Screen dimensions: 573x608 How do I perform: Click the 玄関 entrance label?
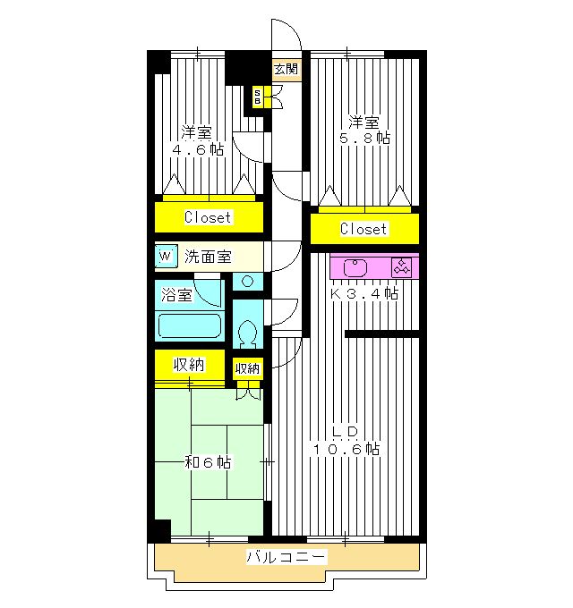[286, 70]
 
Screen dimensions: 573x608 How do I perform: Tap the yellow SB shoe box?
[257, 97]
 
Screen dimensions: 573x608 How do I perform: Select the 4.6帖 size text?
[198, 149]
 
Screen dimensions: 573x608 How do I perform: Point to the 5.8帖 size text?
[365, 138]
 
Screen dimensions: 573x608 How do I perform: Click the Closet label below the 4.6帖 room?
[208, 217]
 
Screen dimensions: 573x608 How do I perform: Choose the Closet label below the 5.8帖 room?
[363, 229]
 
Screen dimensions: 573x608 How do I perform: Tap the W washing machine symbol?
[167, 256]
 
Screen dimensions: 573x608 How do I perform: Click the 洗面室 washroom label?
[208, 257]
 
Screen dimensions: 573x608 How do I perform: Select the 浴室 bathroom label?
[176, 295]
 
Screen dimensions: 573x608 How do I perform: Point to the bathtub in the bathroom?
[190, 325]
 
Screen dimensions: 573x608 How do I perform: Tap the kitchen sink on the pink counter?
[355, 267]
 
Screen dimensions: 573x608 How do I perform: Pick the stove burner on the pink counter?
[401, 267]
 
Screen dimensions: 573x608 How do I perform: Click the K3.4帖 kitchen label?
[364, 293]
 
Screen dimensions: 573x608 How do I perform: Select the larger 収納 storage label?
[189, 365]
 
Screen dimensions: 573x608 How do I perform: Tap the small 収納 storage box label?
[248, 368]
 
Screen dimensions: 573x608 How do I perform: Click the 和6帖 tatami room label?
[208, 462]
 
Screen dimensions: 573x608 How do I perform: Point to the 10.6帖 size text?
[346, 449]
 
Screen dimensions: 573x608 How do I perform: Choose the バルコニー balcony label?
[286, 557]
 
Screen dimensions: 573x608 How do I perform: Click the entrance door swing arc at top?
[292, 28]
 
